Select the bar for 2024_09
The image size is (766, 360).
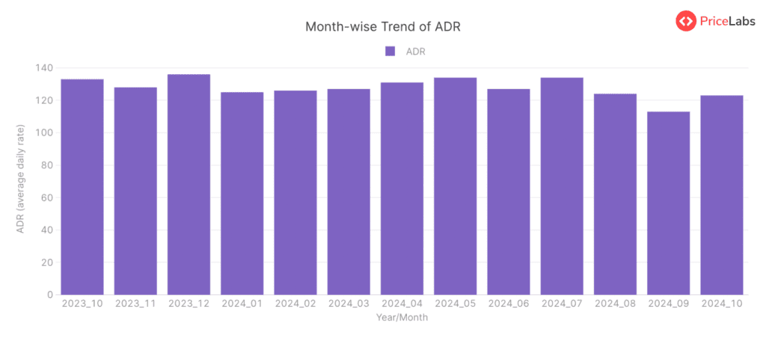669,203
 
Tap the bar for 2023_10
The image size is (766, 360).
82,186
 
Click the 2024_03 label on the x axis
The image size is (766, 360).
349,304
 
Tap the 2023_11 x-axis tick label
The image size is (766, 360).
135,304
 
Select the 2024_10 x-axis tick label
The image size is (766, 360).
722,304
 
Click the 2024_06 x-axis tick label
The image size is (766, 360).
509,304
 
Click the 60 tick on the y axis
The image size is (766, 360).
47,198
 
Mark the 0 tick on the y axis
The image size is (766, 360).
49,295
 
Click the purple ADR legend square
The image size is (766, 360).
390,51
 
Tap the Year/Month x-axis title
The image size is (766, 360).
402,317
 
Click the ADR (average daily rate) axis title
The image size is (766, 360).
21,180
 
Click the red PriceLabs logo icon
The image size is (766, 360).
686,21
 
